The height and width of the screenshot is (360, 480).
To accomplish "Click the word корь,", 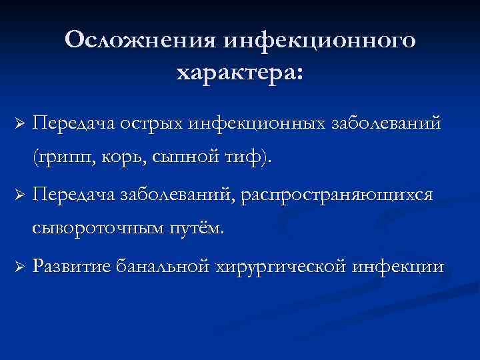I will point(129,158).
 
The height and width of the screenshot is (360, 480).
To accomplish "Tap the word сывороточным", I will point(105,229).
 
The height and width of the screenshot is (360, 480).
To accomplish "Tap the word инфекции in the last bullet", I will point(403,267).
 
